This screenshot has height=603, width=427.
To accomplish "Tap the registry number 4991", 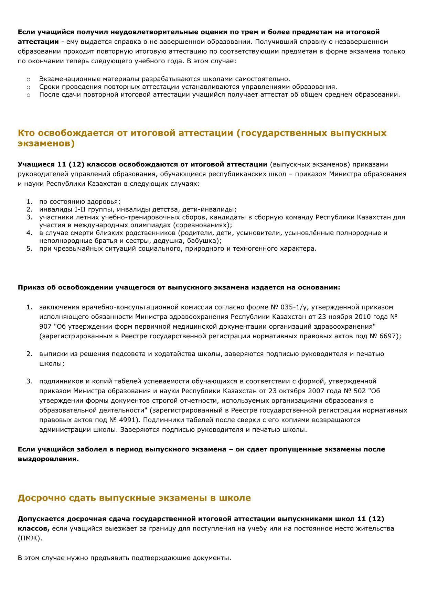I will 127,420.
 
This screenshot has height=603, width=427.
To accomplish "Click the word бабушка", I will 206,241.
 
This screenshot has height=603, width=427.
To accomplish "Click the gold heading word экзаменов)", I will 46,143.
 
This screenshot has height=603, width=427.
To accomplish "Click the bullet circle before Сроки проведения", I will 29,87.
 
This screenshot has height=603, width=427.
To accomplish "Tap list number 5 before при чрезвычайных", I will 29,249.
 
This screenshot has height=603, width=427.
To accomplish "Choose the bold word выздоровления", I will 49,459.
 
